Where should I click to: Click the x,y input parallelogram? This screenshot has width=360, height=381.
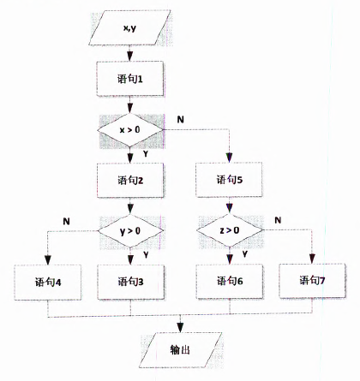coord(129,27)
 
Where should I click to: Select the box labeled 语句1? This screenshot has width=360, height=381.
coord(130,79)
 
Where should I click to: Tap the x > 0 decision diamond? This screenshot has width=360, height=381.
coord(130,130)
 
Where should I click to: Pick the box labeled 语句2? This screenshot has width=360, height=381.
coord(130,180)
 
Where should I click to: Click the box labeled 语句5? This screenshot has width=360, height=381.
coord(229,180)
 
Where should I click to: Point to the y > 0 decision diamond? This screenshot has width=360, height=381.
coord(130,230)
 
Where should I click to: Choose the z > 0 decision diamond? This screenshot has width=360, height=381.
coord(230,230)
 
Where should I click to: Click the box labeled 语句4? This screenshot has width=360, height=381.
coord(48,282)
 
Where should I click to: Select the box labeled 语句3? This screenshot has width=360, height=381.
coord(130,282)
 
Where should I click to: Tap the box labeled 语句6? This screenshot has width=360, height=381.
coord(230,281)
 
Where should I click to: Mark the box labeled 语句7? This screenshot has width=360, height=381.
coord(312,281)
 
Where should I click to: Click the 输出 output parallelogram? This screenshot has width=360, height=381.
coord(180,350)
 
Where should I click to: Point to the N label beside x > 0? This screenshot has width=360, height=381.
coord(180,119)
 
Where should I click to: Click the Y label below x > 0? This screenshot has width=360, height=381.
coord(146,154)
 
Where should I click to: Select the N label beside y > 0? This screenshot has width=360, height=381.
coord(66,221)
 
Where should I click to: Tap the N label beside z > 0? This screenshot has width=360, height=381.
coord(278,220)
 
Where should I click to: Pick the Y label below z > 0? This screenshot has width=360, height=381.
coord(245,253)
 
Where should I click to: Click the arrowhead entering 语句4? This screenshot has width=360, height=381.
coord(48,260)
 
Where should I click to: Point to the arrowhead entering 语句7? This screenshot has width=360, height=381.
coord(312,259)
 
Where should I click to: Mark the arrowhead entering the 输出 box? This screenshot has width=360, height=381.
coord(180,327)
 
